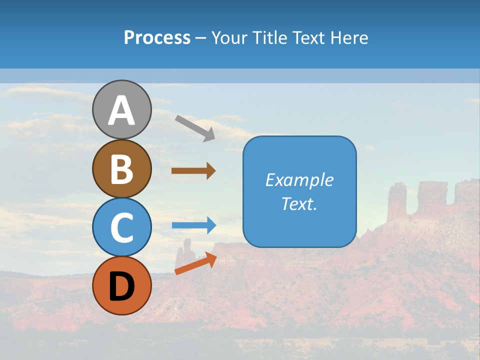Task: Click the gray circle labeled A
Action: tap(122, 109)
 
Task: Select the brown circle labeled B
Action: tap(122, 168)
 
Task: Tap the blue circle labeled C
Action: tap(122, 227)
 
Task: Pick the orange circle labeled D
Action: tap(122, 285)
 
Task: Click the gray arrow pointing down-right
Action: tap(195, 127)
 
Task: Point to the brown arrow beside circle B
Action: tap(193, 171)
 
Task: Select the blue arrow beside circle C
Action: tap(193, 225)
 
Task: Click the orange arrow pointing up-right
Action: tap(195, 263)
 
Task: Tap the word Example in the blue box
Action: tap(299, 180)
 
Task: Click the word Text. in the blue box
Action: tap(299, 203)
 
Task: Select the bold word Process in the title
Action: tap(157, 38)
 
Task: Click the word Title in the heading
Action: tap(270, 38)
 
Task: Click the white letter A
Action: tap(122, 111)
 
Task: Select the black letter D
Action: tap(122, 286)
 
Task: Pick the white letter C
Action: tap(122, 228)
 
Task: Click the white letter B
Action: tap(122, 169)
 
